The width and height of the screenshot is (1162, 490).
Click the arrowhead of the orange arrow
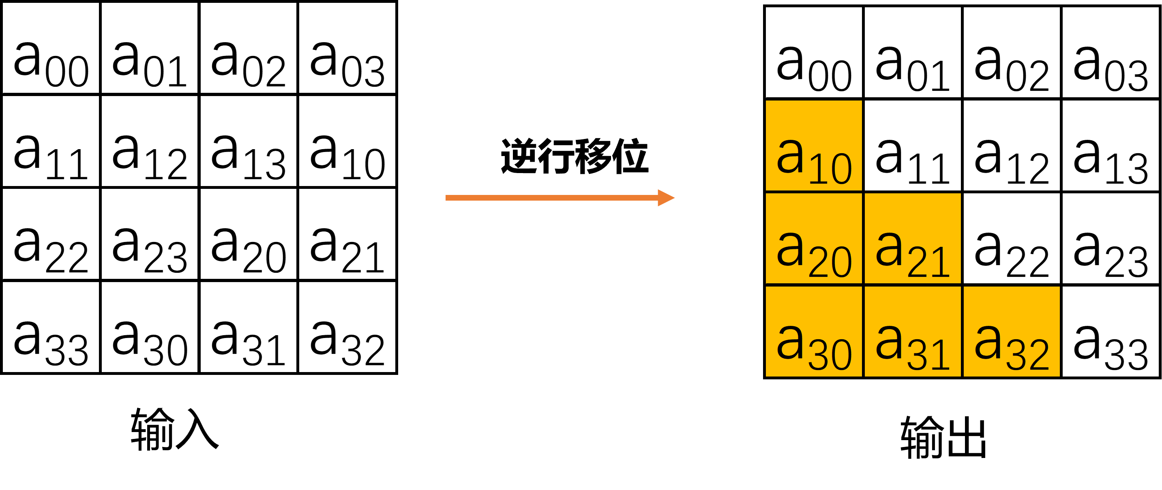(x=666, y=198)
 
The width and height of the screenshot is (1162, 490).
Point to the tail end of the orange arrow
(x=448, y=198)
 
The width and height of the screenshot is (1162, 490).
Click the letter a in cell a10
(x=790, y=156)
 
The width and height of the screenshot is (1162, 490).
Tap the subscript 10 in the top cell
(x=830, y=169)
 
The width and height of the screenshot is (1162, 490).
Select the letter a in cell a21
(x=889, y=249)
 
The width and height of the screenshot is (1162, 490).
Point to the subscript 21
(x=929, y=262)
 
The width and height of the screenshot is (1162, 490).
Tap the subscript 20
(x=830, y=262)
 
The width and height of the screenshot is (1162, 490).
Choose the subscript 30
(x=830, y=355)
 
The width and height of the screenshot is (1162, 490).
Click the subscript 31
(x=929, y=355)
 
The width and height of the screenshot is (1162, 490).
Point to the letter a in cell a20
(x=790, y=249)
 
